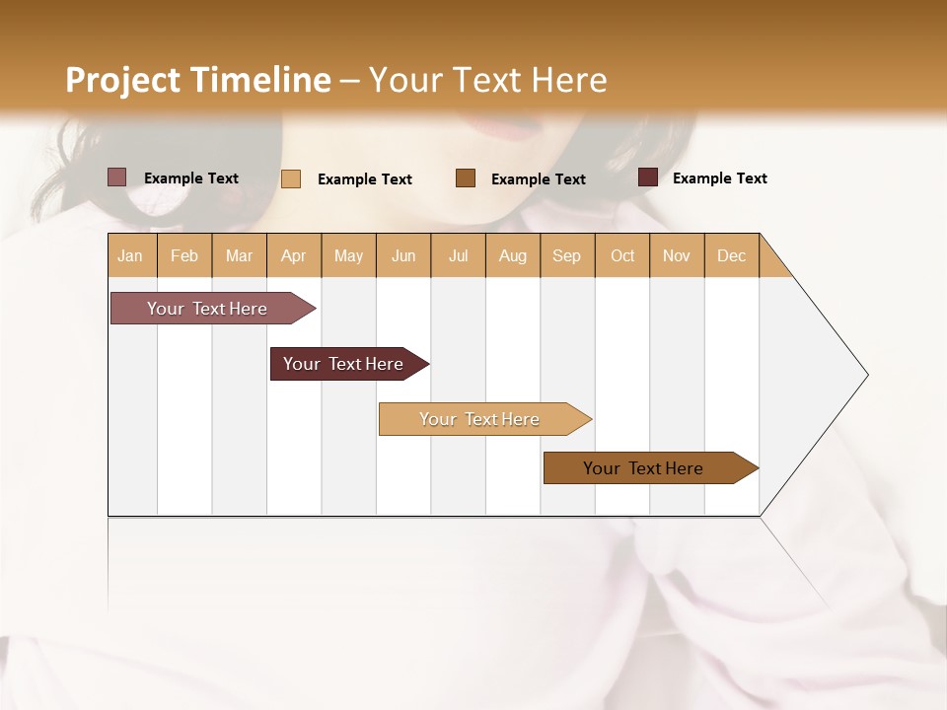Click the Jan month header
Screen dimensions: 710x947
(131, 255)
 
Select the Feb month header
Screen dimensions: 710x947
(184, 255)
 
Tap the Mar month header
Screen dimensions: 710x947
(239, 255)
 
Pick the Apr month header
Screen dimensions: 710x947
(294, 255)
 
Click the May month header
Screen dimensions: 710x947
(348, 255)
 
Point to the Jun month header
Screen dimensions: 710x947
(403, 255)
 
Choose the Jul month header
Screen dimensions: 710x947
(458, 255)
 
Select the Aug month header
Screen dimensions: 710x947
(513, 255)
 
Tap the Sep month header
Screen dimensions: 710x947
(567, 255)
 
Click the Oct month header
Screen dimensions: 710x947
(622, 255)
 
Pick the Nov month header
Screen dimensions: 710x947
(677, 255)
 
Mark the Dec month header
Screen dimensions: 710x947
(732, 255)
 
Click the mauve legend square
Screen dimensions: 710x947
(117, 177)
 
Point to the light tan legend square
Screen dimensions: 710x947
(291, 178)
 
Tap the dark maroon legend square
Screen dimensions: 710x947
(648, 177)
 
